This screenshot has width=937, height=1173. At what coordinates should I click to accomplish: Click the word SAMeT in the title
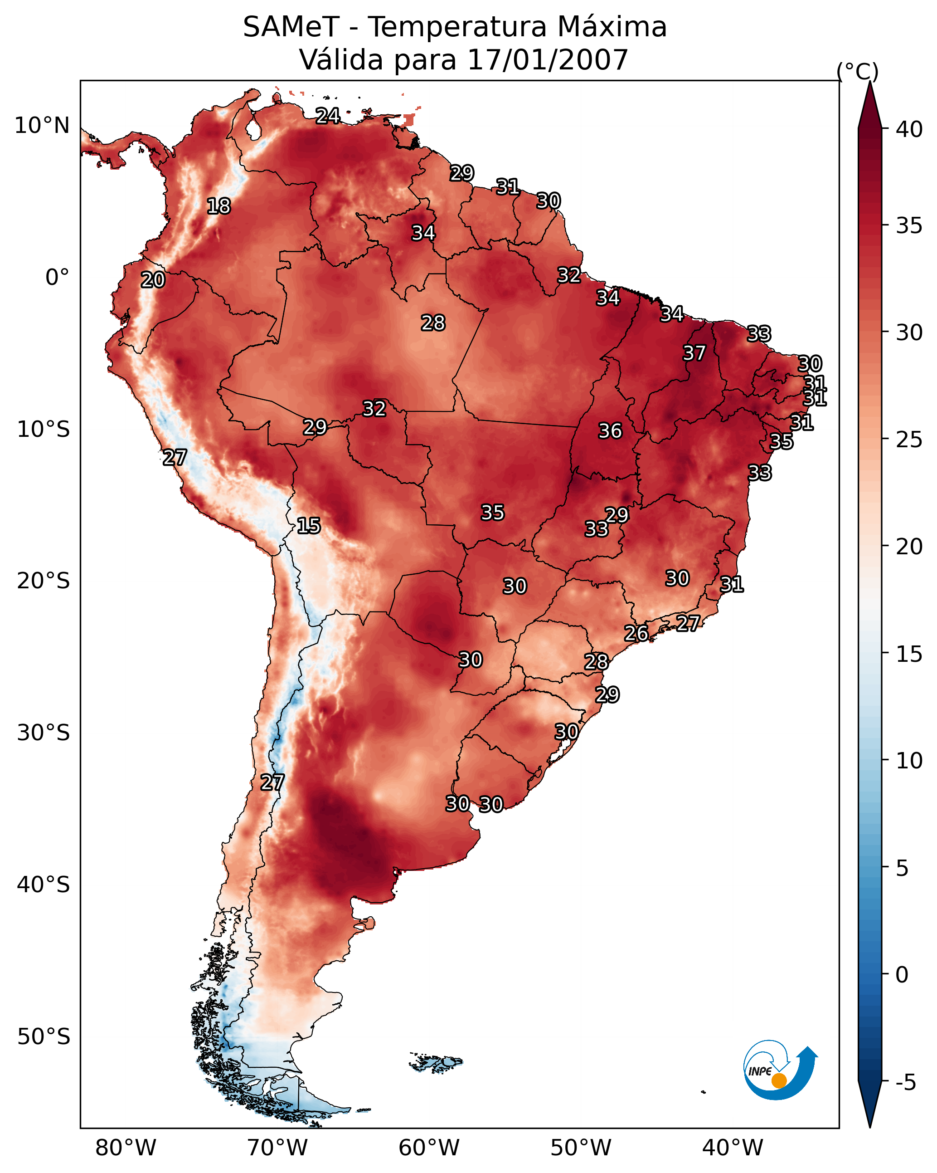(x=291, y=27)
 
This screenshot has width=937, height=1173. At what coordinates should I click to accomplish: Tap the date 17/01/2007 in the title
(x=548, y=60)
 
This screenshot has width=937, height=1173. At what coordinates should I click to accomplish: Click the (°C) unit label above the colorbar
(x=858, y=71)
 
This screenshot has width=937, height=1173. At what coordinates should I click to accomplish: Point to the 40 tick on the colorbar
(x=909, y=129)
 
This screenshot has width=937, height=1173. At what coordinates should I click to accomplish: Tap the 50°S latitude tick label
(x=44, y=1037)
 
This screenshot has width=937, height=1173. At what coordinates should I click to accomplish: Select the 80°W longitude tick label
(x=126, y=1148)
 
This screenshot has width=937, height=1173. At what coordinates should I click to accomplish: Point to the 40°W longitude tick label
(x=733, y=1148)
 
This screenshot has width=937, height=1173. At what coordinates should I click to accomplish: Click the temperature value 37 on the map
(x=694, y=353)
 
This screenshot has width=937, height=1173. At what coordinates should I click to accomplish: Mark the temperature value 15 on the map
(x=309, y=526)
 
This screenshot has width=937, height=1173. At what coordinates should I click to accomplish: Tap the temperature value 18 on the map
(x=218, y=206)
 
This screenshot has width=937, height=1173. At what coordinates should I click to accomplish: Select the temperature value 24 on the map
(x=328, y=116)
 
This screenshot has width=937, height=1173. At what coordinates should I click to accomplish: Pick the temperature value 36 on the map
(x=610, y=431)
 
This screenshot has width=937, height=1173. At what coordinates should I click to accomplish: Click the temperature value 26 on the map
(x=636, y=633)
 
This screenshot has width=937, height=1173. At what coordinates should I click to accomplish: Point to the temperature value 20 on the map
(x=153, y=280)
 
